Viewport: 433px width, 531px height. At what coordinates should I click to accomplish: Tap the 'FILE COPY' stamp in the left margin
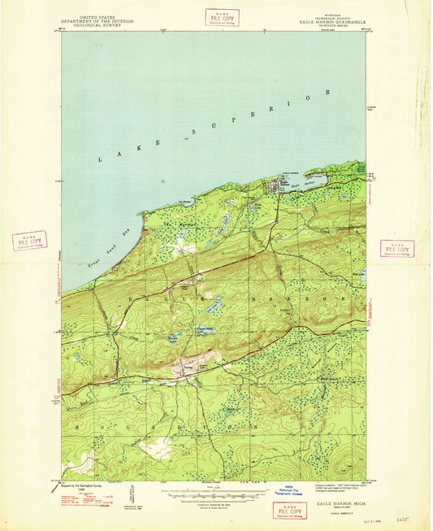click(29, 241)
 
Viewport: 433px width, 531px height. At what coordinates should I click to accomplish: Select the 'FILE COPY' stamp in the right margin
click(396, 249)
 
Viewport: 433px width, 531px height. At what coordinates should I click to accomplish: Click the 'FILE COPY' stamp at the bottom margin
click(290, 510)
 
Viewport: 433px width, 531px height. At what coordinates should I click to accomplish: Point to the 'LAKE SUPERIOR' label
click(214, 128)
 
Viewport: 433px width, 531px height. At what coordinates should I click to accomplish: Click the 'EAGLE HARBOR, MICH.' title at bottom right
click(332, 504)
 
